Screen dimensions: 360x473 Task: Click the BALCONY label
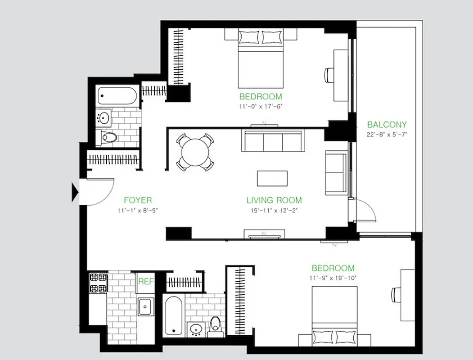[x=387, y=125]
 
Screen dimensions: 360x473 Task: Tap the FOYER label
[x=138, y=200]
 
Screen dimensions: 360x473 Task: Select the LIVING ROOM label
[x=274, y=200]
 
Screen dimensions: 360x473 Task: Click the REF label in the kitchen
[x=146, y=282]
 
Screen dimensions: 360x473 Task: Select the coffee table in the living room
[x=273, y=178]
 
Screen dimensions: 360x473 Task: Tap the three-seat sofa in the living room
[x=273, y=142]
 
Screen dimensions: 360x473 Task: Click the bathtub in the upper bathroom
[x=117, y=95]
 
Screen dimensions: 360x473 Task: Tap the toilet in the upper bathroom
[x=108, y=137]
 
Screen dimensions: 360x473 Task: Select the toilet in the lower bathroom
[x=216, y=324]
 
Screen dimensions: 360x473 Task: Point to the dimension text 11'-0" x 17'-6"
[x=261, y=107]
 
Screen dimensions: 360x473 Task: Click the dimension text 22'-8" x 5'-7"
[x=387, y=135]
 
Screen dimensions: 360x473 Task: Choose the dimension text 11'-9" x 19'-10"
[x=333, y=278]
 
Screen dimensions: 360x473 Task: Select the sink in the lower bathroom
[x=196, y=328]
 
